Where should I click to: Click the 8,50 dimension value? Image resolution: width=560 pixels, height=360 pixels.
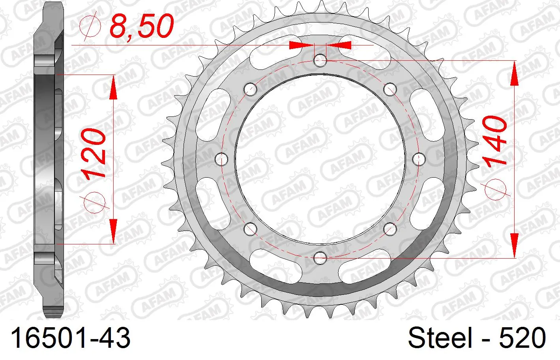142,26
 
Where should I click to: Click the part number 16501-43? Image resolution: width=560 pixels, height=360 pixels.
70,337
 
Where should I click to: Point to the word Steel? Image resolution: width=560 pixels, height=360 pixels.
440,337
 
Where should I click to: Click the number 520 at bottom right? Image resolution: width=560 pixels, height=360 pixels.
523,337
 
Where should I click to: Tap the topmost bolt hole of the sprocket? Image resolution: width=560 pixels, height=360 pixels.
320,60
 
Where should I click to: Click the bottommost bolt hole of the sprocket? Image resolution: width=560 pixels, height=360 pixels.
320,258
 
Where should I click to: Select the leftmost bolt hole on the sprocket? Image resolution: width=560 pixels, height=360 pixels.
221,159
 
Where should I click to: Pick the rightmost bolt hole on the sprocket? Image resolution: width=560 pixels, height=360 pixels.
419,159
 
